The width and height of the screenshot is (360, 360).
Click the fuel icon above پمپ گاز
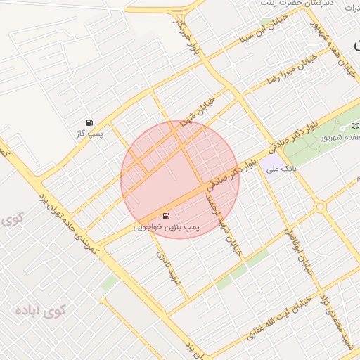pyautogui.click(x=89, y=122)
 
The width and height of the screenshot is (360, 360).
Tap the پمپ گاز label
pyautogui.click(x=90, y=133)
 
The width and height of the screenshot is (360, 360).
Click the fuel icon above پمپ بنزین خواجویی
pyautogui.click(x=165, y=216)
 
